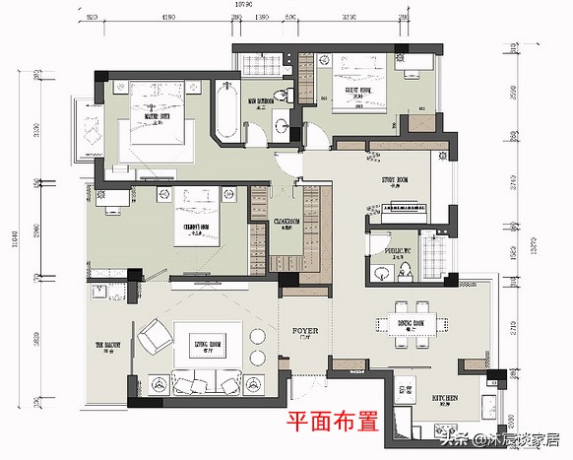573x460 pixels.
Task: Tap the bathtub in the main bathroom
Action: [224, 116]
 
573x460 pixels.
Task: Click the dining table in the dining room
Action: [412, 323]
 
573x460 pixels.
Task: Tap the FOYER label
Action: [304, 331]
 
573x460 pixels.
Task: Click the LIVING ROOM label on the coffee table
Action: [207, 342]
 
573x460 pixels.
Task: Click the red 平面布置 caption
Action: [332, 422]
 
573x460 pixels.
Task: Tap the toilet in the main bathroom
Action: [285, 96]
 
